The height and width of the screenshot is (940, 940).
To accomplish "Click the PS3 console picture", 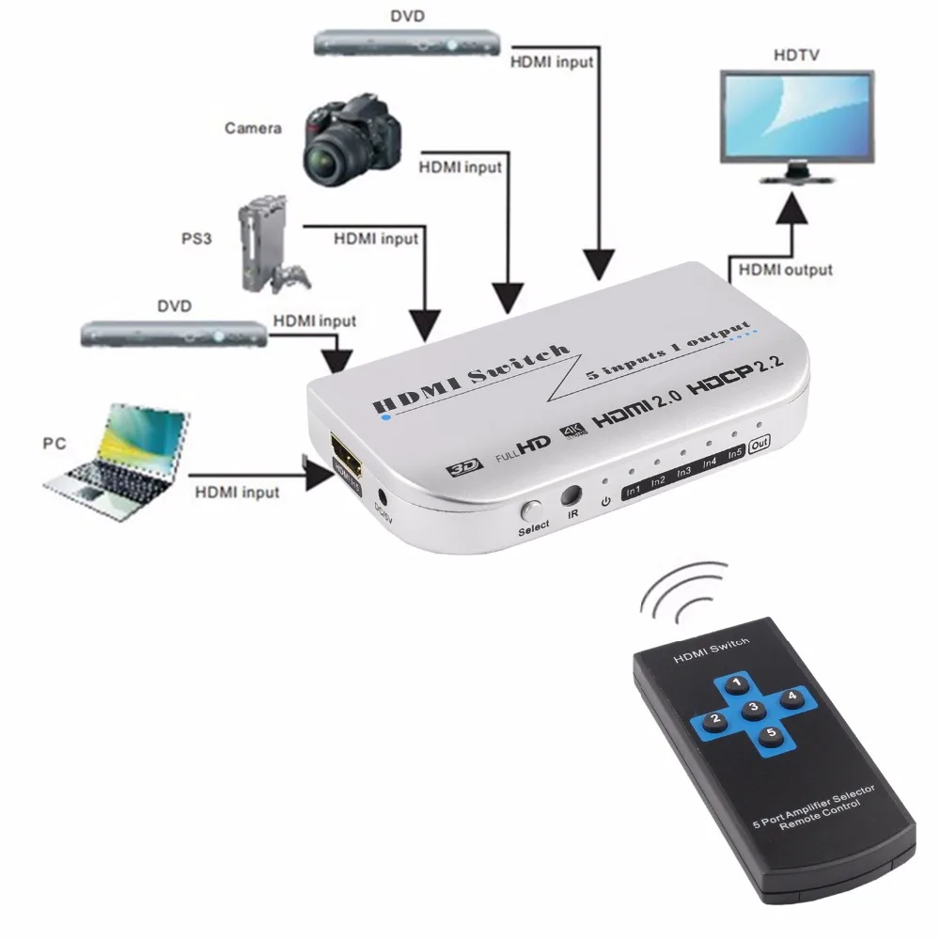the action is [x=267, y=242].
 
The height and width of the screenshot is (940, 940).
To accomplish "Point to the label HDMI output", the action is [x=785, y=269].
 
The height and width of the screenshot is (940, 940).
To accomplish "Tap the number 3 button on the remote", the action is [x=752, y=708].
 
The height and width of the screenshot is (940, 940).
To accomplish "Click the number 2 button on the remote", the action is [x=715, y=721].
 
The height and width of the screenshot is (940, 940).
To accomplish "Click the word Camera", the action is [x=253, y=128].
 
